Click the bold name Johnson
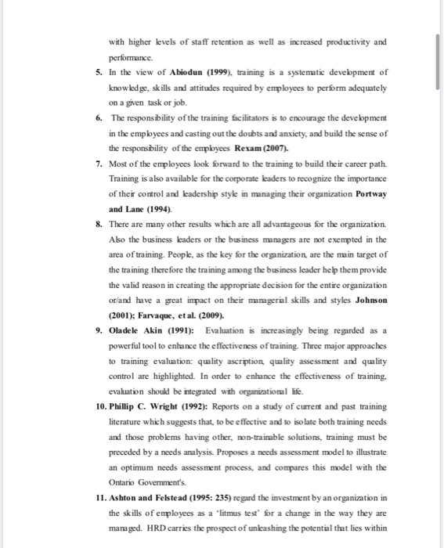pos(366,301)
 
